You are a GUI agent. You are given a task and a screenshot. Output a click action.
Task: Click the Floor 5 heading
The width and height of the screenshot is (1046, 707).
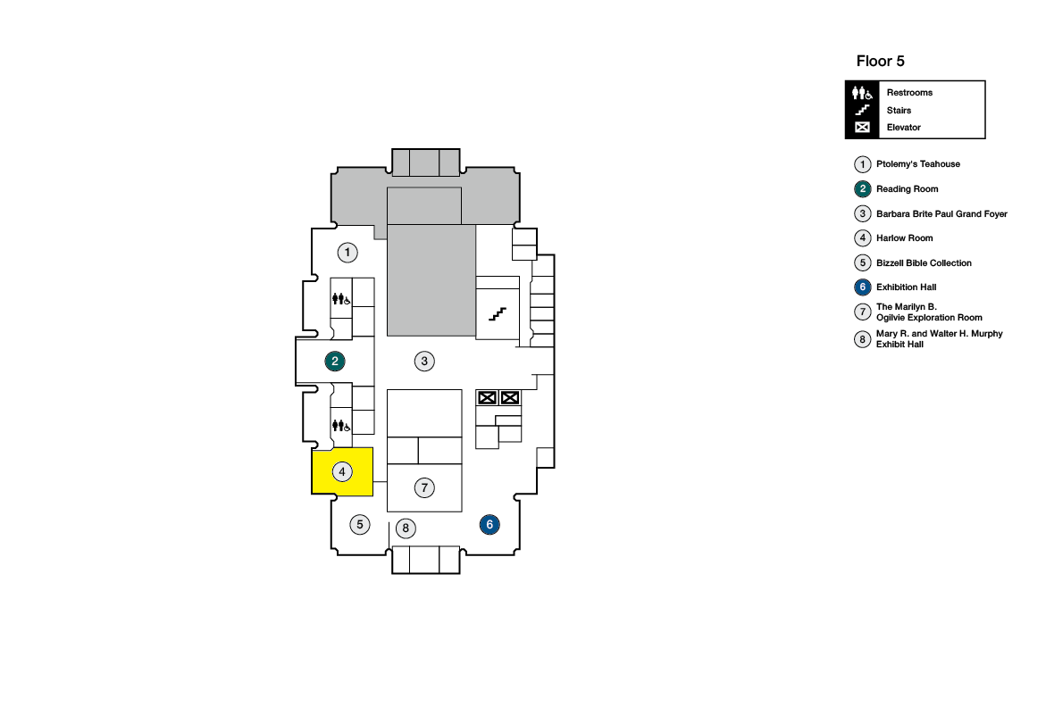[x=880, y=61]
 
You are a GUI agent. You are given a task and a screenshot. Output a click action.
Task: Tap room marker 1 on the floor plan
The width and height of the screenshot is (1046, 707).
[x=347, y=253]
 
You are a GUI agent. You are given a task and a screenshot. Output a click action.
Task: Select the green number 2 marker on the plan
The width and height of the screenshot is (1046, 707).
[x=335, y=361]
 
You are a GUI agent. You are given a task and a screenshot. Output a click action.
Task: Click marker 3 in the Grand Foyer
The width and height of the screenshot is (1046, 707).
[x=425, y=361]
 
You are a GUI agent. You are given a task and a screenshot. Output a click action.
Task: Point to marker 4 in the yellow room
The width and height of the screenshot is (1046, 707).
[x=341, y=471]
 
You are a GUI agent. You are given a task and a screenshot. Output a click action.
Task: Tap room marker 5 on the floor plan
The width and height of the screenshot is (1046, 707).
[x=360, y=524]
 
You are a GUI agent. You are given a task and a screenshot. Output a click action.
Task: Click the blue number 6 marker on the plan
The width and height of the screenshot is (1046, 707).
[x=490, y=525]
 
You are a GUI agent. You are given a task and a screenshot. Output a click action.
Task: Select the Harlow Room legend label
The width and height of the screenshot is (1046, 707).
[x=904, y=238]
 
